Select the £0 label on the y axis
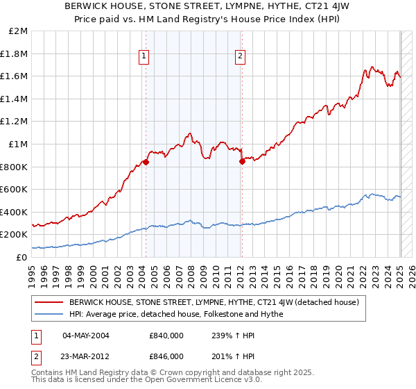pos(21,257)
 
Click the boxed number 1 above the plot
pos(144,57)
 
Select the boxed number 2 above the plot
pos(240,57)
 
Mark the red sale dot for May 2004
pos(146,162)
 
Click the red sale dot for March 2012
pos(242,161)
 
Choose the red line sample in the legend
pos(49,303)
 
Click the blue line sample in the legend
pos(49,314)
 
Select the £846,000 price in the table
pos(166,356)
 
